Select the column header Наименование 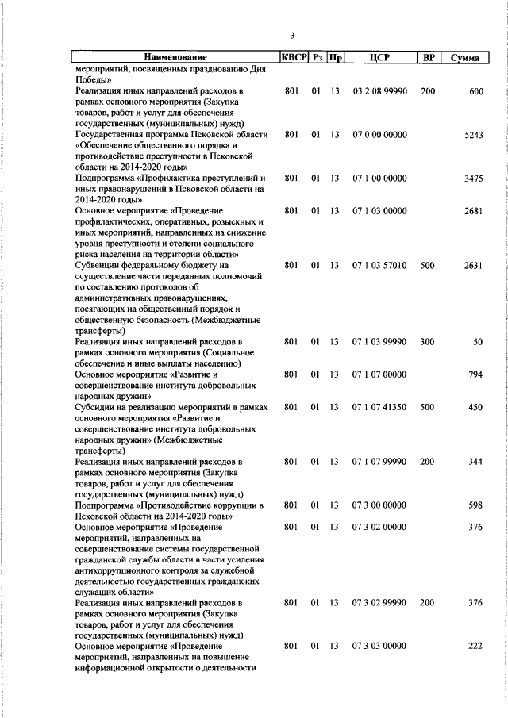click(x=175, y=57)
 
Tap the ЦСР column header click(x=379, y=57)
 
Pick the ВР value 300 click(x=428, y=342)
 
